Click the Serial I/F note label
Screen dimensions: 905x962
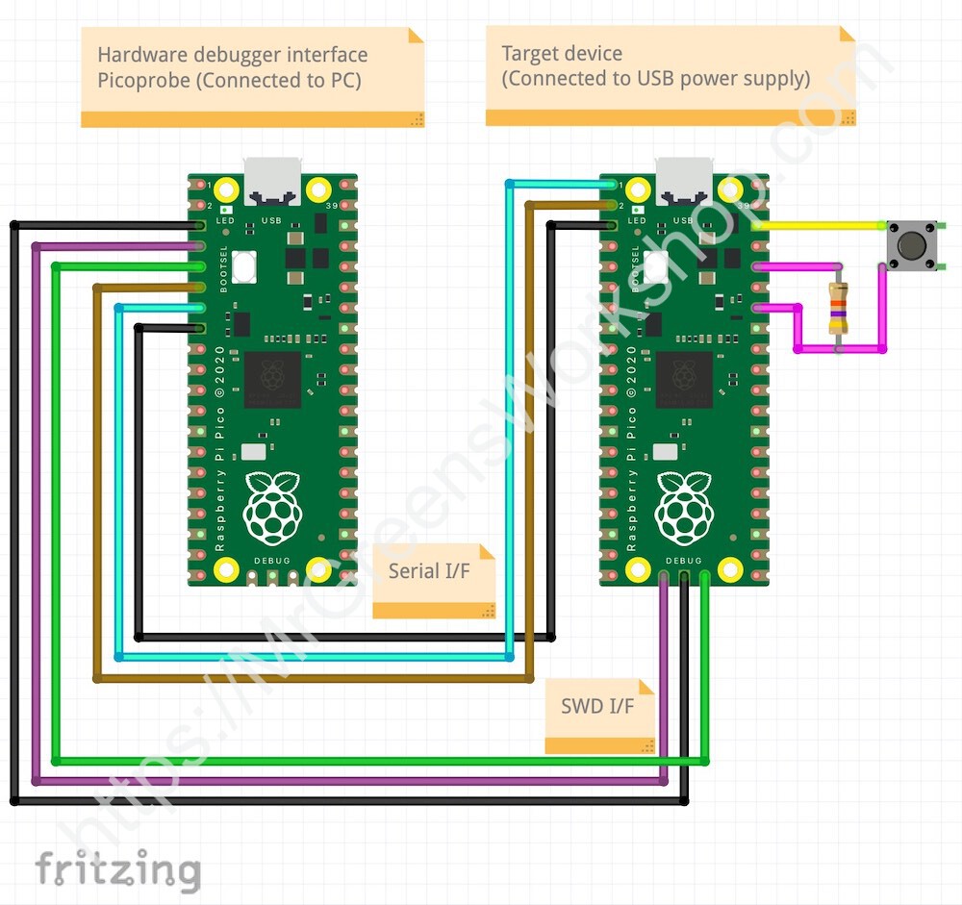coord(429,570)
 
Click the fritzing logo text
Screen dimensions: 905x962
coord(117,870)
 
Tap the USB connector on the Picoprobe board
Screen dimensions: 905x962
coord(272,182)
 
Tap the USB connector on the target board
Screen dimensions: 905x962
coord(684,182)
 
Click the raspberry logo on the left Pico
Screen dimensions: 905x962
coord(272,506)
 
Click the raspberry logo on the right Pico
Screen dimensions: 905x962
coord(684,506)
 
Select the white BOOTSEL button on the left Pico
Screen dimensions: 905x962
coord(244,264)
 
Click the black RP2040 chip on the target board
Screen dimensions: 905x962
coord(684,379)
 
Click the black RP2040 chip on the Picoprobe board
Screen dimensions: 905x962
coord(272,379)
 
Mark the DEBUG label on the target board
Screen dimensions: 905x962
coord(684,560)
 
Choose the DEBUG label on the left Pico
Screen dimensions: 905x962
coord(272,560)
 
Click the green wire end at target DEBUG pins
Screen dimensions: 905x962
coord(705,578)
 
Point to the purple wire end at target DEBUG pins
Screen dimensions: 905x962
coord(664,578)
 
